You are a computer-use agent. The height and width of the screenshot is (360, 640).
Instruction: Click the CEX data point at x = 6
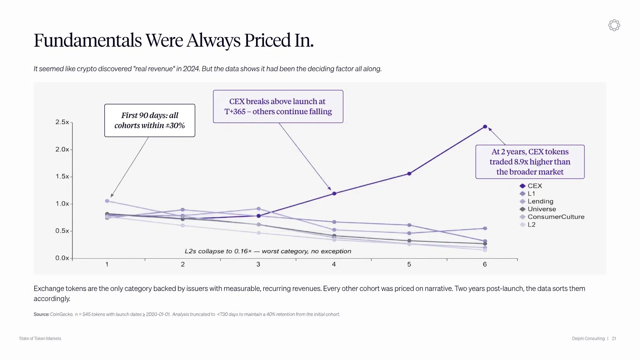coord(485,126)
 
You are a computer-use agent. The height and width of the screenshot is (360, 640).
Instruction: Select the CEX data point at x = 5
coord(409,174)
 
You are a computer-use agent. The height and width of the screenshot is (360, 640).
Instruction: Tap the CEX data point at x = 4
coord(334,194)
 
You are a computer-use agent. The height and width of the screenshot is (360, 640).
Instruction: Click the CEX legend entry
coord(531,186)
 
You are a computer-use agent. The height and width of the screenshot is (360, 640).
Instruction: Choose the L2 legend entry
coord(527,225)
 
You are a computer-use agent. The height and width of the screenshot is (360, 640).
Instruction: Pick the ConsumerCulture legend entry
coord(552,217)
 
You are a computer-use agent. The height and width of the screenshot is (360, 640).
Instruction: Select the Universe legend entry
coord(538,209)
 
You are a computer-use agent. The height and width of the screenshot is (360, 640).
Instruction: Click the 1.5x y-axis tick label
coord(62,177)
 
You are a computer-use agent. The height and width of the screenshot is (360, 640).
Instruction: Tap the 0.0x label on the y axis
coord(62,258)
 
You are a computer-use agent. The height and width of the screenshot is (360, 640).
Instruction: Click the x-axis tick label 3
coord(258,264)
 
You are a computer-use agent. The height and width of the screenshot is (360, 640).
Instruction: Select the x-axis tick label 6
coord(485,264)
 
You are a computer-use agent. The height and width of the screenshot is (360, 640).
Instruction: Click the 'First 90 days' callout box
coord(150,120)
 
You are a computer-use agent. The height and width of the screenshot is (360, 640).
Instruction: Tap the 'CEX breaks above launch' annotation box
coord(278,107)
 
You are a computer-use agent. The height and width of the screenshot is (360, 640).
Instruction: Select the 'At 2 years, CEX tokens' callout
coord(530,162)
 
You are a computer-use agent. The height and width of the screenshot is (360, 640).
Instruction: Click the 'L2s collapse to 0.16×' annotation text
coord(268,251)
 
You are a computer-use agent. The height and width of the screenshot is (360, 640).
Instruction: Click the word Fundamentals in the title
coord(88,40)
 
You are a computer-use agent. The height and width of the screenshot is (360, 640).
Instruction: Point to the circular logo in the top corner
coord(614,26)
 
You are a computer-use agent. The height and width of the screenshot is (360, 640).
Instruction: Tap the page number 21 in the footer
coord(614,339)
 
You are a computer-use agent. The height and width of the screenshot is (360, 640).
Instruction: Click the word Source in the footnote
coord(42,314)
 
